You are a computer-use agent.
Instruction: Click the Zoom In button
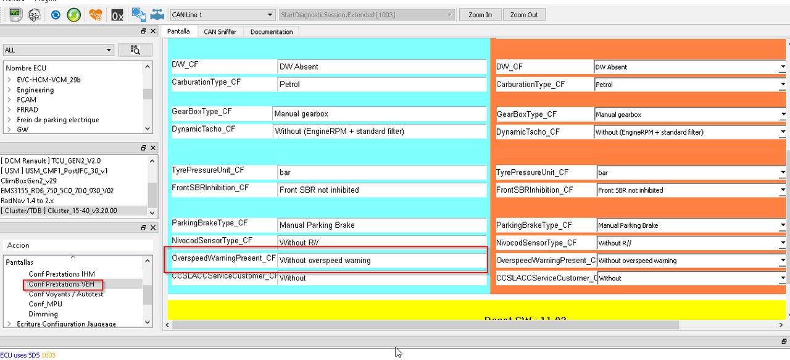pos(480,15)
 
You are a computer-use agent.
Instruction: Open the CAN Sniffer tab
pos(220,31)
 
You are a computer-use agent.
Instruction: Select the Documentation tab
pos(272,31)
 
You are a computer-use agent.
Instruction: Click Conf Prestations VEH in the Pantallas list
pos(62,284)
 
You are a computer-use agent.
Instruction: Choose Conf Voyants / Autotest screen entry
pos(66,294)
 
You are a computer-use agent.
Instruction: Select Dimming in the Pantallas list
pos(43,314)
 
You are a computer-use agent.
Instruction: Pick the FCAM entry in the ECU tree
pos(27,99)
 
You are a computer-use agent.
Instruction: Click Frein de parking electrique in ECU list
pos(58,120)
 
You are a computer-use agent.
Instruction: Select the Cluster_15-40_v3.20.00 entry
pos(59,211)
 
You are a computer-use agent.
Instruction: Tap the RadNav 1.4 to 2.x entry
pos(27,201)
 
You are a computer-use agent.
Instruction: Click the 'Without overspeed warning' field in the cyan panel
pos(381,261)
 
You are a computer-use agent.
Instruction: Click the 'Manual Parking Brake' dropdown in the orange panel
pos(691,225)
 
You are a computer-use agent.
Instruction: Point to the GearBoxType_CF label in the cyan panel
pos(202,112)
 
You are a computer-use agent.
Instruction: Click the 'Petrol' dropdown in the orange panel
pos(689,85)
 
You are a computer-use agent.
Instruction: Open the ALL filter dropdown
pos(59,50)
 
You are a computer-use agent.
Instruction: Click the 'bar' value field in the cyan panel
pos(381,173)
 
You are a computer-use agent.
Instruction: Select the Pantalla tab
pos(178,31)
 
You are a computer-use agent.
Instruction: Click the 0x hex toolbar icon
pos(117,15)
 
